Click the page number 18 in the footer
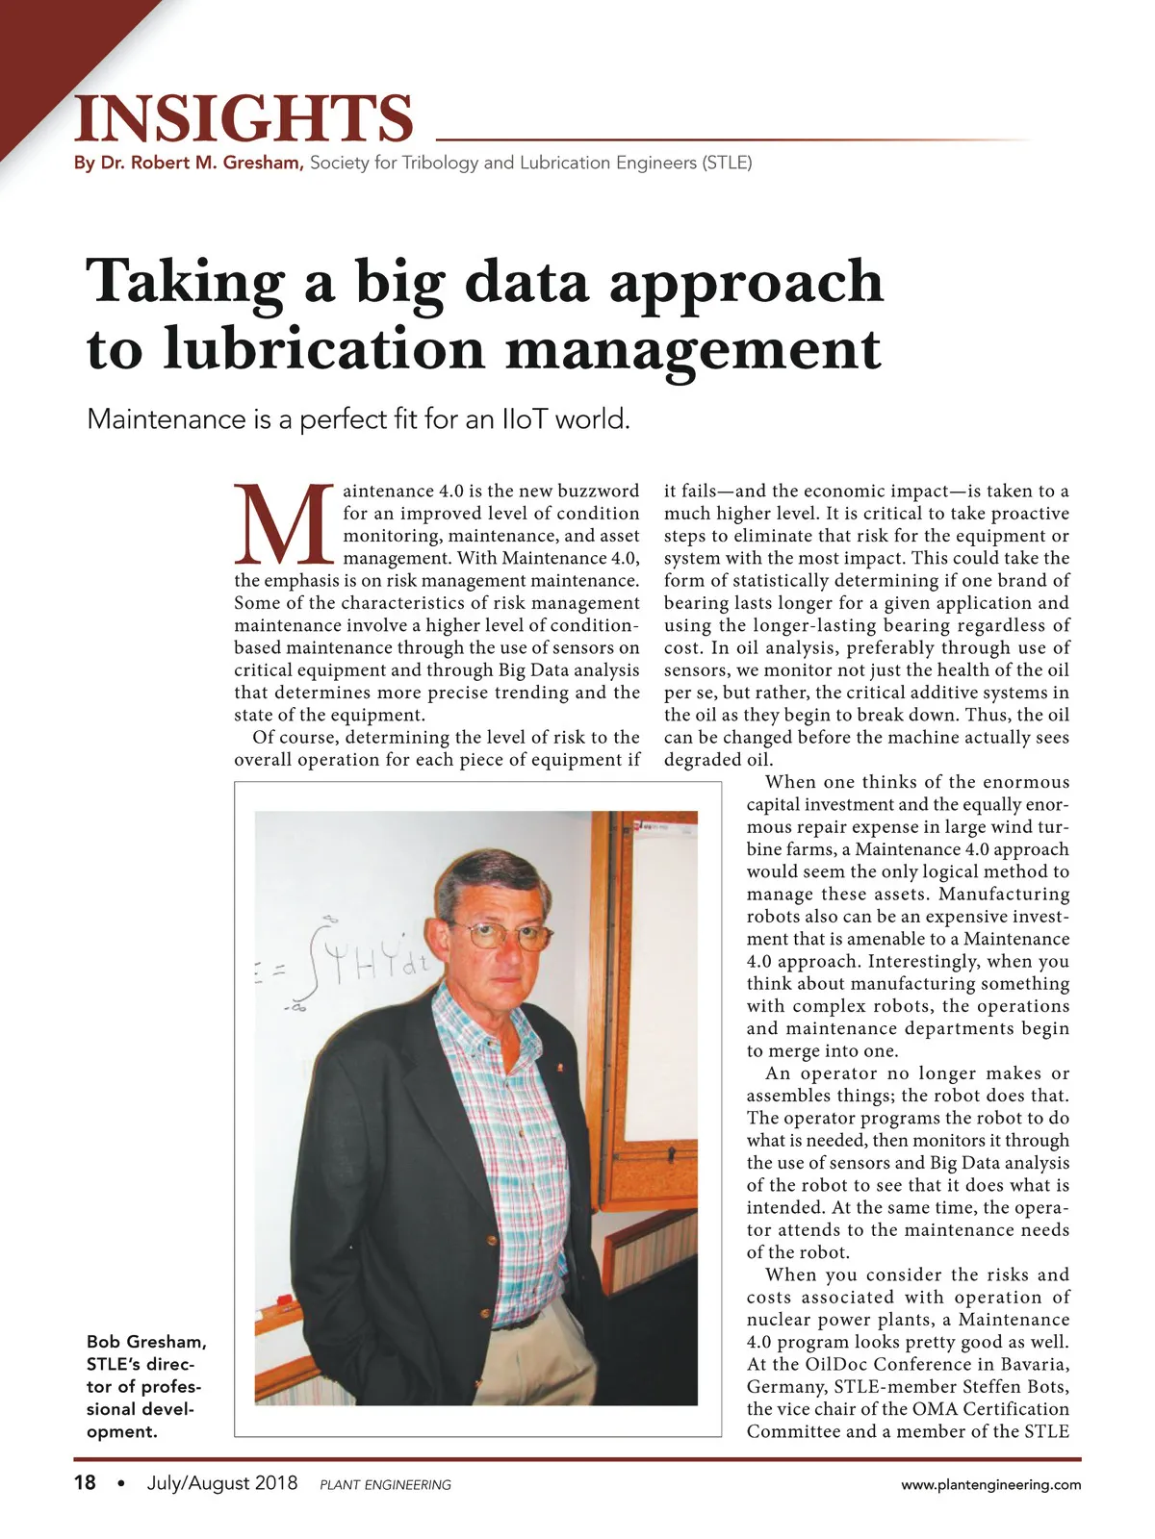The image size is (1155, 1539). point(85,1482)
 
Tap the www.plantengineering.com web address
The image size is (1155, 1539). point(990,1484)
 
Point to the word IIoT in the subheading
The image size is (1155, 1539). point(525,419)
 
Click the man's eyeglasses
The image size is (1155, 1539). point(500,933)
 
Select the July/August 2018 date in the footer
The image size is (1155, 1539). point(222,1482)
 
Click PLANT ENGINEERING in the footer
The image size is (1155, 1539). point(385,1484)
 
